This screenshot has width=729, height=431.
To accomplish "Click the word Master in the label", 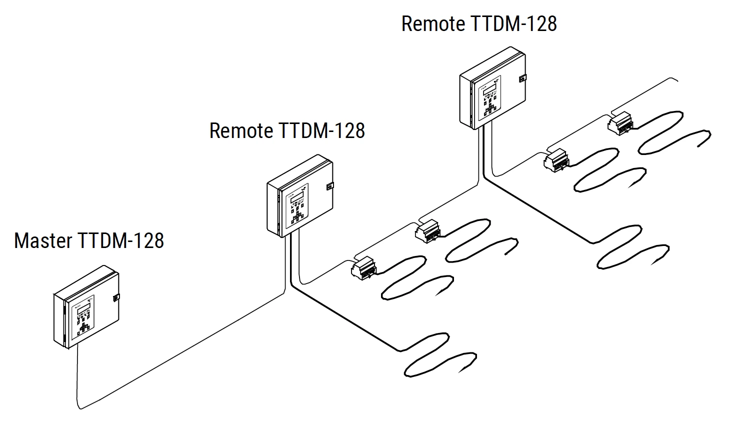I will [43, 240].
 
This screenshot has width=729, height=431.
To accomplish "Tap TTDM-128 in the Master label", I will [120, 240].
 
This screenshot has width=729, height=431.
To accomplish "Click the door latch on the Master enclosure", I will [116, 297].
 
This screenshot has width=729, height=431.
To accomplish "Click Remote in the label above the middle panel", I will [241, 130].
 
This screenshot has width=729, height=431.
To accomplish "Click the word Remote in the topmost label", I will [433, 24].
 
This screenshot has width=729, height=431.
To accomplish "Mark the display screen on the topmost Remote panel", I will [487, 88].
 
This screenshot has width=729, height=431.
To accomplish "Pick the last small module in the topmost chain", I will [620, 122].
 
